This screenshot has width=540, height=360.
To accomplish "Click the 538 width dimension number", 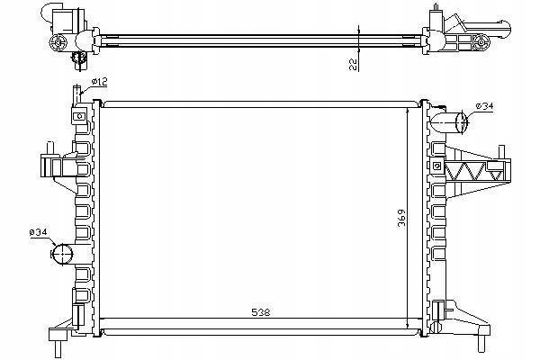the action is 261,312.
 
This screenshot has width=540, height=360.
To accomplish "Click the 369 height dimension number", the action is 401,218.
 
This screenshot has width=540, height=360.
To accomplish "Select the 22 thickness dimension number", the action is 353,64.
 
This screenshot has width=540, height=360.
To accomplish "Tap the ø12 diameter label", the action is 100,82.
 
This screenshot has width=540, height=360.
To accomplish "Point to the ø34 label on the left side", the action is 38,232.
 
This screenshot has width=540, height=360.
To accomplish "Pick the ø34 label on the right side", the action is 484,106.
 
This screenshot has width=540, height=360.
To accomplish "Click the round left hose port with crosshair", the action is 62,254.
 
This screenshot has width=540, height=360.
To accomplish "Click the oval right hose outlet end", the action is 461,122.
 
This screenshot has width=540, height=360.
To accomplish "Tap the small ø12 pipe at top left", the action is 76,94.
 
